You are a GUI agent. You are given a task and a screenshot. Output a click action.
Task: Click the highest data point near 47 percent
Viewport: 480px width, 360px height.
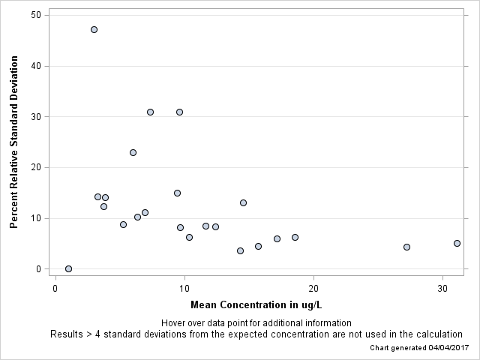click(x=94, y=29)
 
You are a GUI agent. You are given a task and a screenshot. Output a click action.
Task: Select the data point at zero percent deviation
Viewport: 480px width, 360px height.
click(x=68, y=268)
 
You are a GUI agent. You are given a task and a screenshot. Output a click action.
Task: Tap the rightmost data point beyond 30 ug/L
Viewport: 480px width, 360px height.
click(x=457, y=243)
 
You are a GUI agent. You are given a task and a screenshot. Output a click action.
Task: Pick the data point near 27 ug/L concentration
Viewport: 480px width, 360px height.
click(x=406, y=247)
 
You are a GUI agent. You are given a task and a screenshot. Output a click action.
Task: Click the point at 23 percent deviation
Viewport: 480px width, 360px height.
click(x=133, y=152)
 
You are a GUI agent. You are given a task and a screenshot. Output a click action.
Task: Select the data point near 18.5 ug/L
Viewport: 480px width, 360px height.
click(x=295, y=237)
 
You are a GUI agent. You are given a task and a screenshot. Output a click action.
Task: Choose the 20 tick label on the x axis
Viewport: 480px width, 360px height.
click(x=313, y=289)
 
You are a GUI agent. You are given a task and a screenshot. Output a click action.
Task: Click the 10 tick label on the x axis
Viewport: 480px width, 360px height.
click(x=184, y=289)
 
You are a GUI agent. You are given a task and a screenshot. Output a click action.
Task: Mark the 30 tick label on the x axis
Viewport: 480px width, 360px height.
click(x=442, y=289)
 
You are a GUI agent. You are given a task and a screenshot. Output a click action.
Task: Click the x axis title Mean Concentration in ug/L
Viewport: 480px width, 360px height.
click(x=256, y=304)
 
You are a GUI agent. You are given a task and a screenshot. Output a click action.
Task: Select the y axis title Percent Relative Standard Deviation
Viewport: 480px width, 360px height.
click(x=13, y=142)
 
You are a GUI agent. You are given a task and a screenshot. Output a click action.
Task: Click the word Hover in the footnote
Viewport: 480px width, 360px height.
click(x=175, y=323)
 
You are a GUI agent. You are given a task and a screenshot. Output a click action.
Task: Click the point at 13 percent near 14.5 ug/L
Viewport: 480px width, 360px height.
click(x=243, y=202)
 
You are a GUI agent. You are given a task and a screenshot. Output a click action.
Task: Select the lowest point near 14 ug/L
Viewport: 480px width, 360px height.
click(x=240, y=250)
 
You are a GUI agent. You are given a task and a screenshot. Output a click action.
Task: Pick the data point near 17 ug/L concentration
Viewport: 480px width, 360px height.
click(x=277, y=238)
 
